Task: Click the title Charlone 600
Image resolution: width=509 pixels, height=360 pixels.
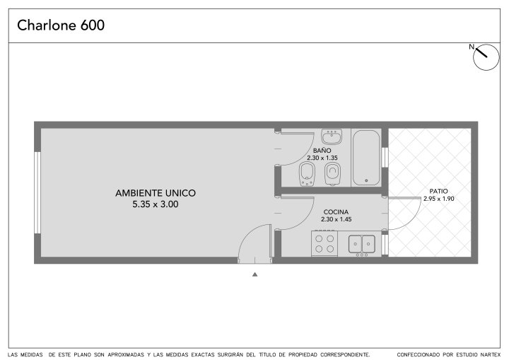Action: pyautogui.click(x=61, y=25)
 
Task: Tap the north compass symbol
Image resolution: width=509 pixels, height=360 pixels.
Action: pyautogui.click(x=486, y=57)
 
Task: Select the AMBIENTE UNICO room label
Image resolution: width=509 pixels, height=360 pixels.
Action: pyautogui.click(x=156, y=193)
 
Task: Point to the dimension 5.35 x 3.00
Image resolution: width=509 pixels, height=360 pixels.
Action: pyautogui.click(x=156, y=204)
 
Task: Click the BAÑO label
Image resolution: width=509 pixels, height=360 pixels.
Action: pyautogui.click(x=322, y=151)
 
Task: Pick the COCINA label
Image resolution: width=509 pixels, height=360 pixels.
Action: pyautogui.click(x=336, y=212)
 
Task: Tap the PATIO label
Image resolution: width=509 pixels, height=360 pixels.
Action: pyautogui.click(x=438, y=192)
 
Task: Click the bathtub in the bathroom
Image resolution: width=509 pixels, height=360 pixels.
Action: pyautogui.click(x=366, y=158)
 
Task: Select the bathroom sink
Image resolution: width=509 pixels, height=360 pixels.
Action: pyautogui.click(x=332, y=137)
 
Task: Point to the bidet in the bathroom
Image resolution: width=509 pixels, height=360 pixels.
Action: pyautogui.click(x=307, y=174)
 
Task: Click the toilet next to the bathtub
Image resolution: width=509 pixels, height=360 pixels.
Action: pyautogui.click(x=332, y=174)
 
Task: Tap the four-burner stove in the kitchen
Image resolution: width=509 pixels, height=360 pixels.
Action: pyautogui.click(x=324, y=244)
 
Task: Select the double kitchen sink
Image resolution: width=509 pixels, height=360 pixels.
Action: pyautogui.click(x=362, y=244)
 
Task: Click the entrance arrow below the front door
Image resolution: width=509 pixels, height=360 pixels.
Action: pyautogui.click(x=255, y=274)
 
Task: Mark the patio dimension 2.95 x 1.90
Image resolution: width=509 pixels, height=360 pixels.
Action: pyautogui.click(x=438, y=199)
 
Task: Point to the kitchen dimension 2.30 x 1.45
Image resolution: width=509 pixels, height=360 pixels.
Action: pyautogui.click(x=337, y=219)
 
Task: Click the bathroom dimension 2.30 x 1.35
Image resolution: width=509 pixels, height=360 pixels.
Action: pyautogui.click(x=322, y=158)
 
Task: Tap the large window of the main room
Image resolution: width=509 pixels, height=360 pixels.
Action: pyautogui.click(x=37, y=192)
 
